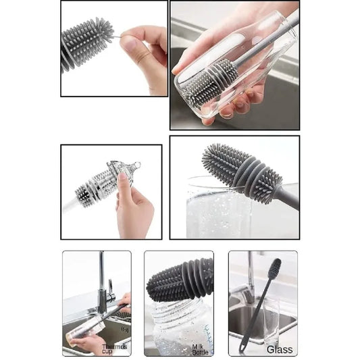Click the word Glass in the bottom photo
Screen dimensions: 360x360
(x=279, y=349)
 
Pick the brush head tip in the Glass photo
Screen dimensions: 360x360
(x=275, y=268)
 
